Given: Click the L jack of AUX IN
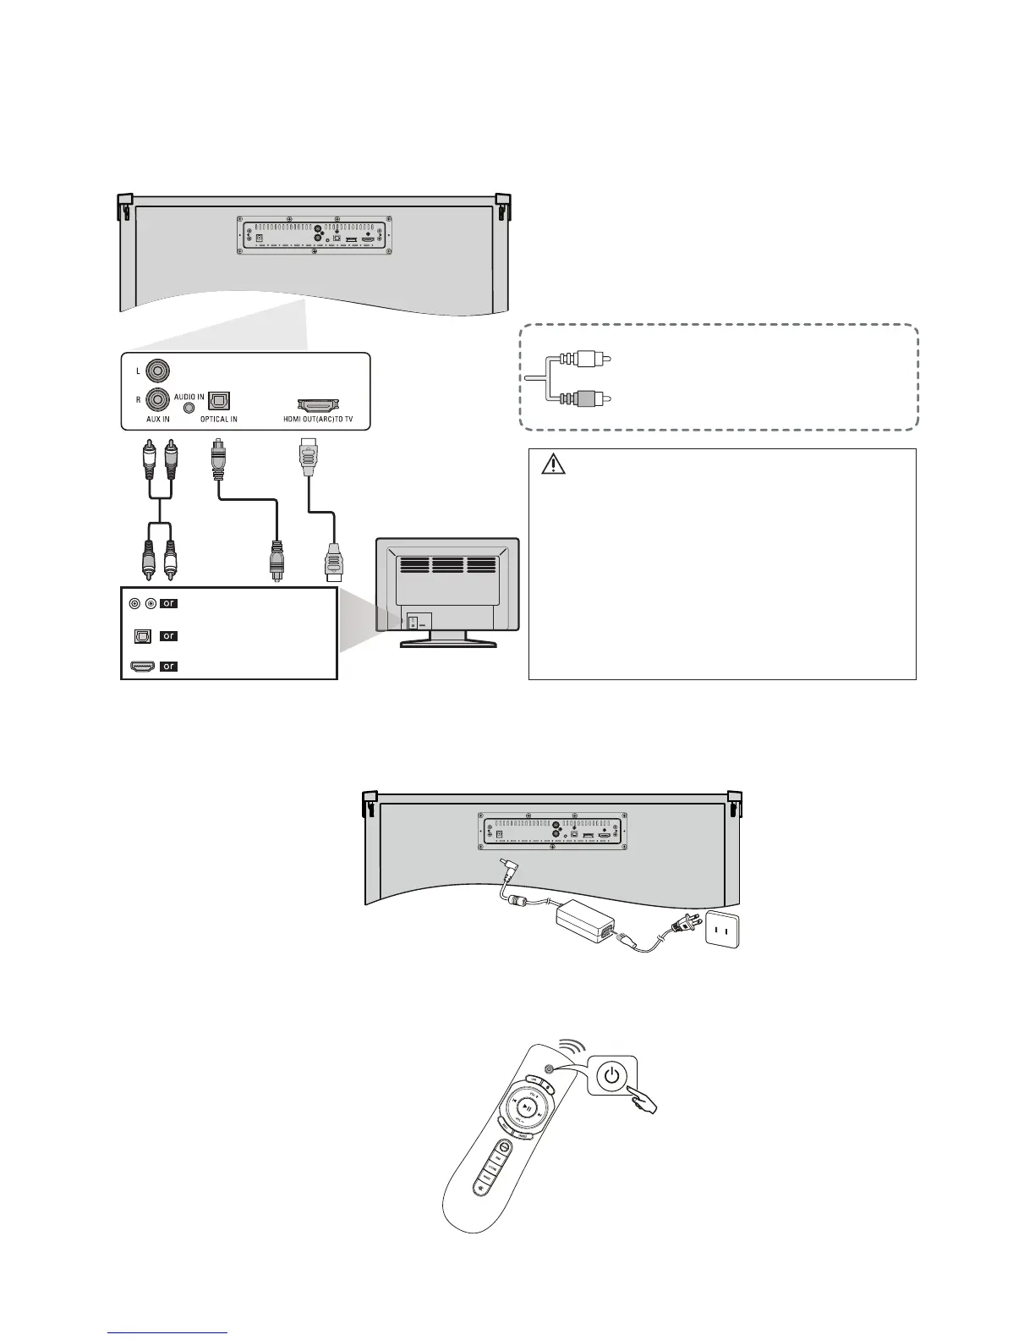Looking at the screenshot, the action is click(x=157, y=371).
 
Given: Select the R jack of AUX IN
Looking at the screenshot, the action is click(x=157, y=398).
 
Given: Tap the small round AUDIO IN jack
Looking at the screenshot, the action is click(x=189, y=407).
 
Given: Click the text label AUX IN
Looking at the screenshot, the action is click(x=157, y=420).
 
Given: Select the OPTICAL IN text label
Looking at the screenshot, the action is click(x=218, y=420).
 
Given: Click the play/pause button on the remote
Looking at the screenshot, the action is click(x=526, y=1107).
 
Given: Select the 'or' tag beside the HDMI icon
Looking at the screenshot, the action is click(x=169, y=666).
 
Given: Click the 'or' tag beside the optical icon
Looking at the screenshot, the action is click(x=169, y=635).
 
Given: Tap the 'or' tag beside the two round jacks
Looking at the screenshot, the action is click(x=169, y=603).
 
